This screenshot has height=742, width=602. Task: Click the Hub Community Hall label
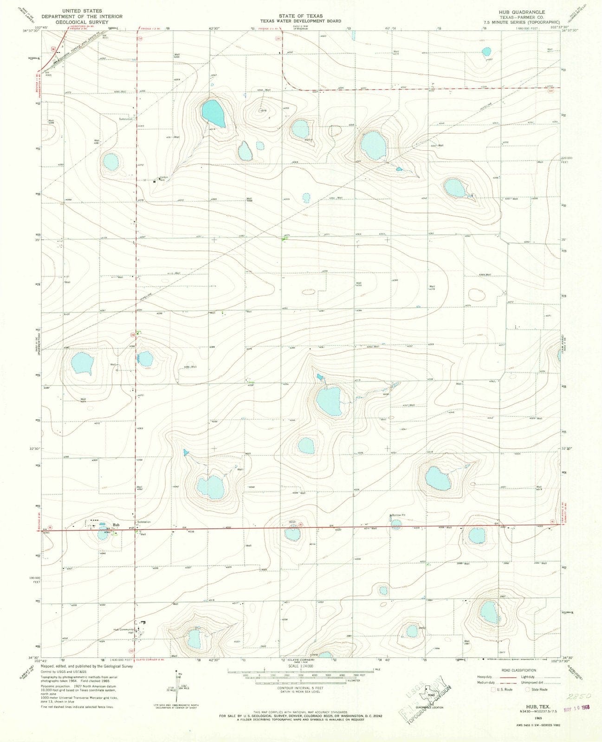pyautogui.click(x=123, y=631)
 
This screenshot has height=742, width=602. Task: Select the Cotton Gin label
pyautogui.click(x=163, y=179)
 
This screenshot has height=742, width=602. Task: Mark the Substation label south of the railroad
pyautogui.click(x=126, y=119)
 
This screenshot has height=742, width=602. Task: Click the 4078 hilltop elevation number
pyautogui.click(x=263, y=111)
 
